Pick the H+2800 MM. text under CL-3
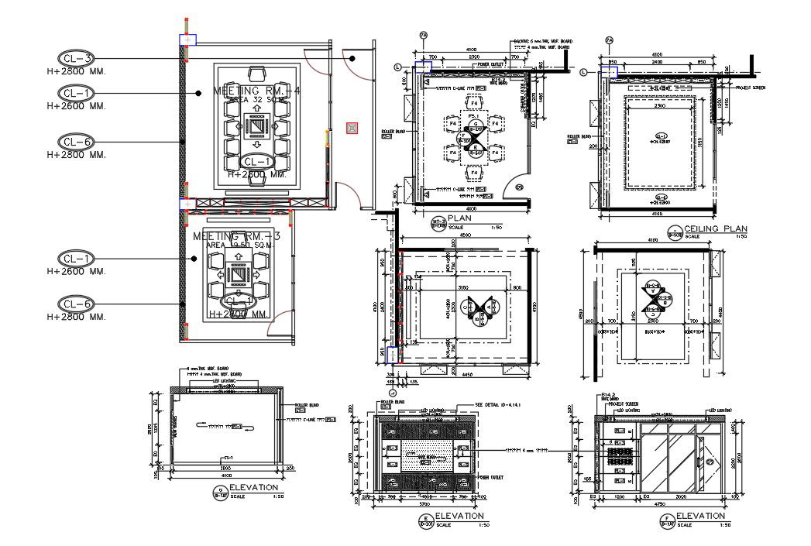[76, 71]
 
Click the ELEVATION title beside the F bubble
[701, 515]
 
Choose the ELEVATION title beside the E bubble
[459, 515]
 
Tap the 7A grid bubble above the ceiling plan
[609, 39]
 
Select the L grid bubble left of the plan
[398, 68]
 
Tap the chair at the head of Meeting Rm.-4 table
[257, 74]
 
